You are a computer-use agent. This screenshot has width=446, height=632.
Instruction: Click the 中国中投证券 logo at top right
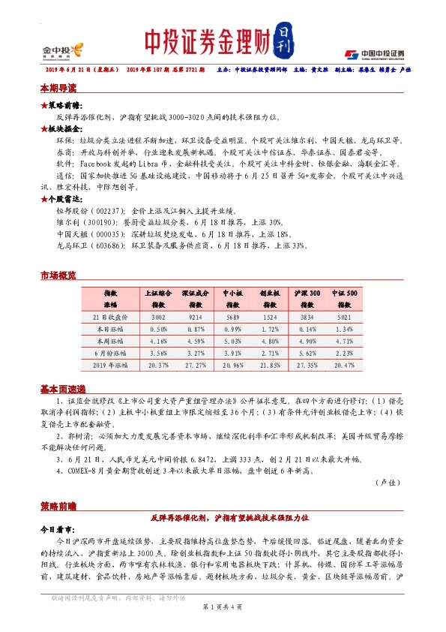375,53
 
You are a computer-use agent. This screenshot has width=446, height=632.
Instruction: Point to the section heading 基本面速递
62,390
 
